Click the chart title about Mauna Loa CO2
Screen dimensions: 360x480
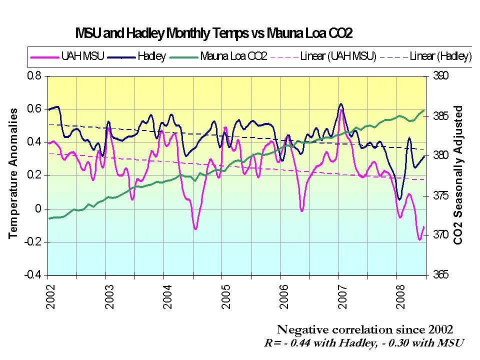click(214, 33)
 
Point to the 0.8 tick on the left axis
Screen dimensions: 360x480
click(34, 76)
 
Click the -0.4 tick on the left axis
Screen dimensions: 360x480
click(32, 275)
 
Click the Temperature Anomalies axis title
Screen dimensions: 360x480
click(13, 172)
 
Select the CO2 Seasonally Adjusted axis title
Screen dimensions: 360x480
click(457, 175)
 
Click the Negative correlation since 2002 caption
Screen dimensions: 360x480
click(365, 329)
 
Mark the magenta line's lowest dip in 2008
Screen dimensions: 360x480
click(420, 239)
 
